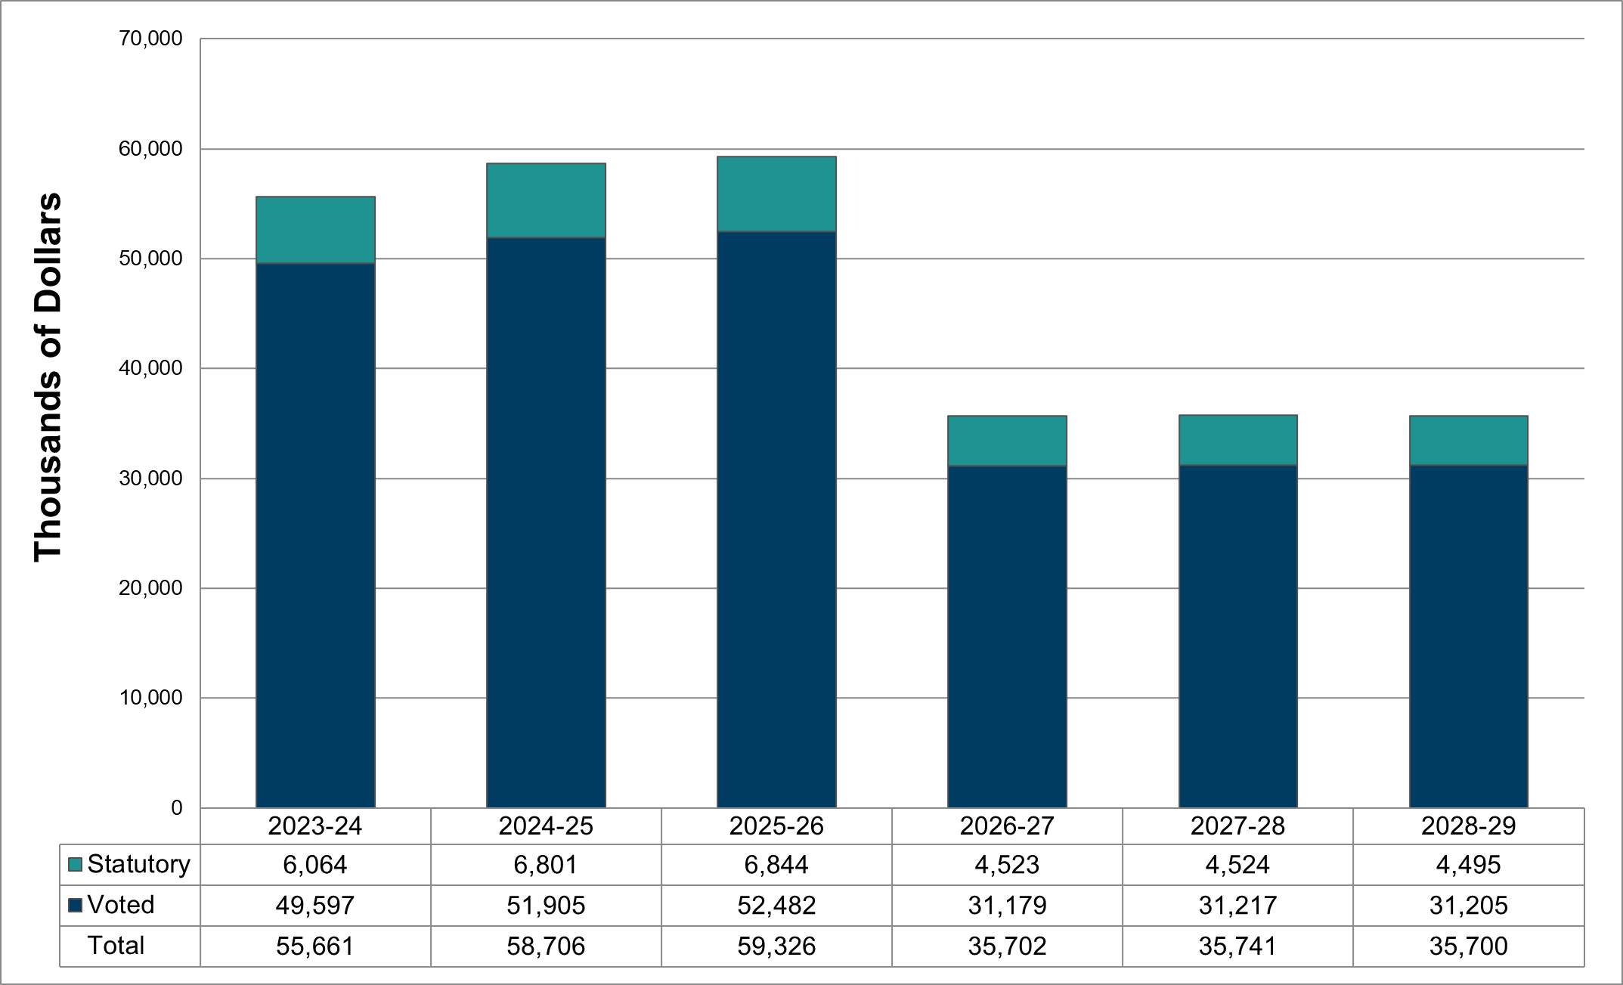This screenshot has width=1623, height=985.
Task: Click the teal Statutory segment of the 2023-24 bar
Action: (315, 230)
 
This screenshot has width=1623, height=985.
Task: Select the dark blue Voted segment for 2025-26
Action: (776, 519)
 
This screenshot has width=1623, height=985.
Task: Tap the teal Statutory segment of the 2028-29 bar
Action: (1468, 440)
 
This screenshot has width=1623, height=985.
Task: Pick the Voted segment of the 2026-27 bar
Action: (1007, 637)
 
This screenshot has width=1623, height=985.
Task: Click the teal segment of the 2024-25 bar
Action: (546, 200)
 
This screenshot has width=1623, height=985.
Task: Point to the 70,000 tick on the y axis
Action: (150, 39)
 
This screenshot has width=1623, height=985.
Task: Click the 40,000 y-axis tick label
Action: (150, 368)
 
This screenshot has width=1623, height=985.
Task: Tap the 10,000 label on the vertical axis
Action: (150, 698)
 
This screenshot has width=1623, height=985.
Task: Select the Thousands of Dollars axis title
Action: (47, 376)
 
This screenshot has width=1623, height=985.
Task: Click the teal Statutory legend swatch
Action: (75, 865)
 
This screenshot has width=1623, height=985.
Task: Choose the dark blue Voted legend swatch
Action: (75, 905)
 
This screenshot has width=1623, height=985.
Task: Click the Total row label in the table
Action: (116, 946)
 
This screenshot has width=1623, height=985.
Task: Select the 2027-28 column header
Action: (1237, 825)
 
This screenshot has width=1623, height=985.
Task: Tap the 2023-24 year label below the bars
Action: (315, 825)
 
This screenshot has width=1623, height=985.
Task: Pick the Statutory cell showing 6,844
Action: (776, 865)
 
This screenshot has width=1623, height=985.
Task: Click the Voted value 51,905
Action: (546, 906)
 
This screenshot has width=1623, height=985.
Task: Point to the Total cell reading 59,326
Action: (776, 946)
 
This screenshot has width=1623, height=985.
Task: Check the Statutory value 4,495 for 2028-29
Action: (1468, 865)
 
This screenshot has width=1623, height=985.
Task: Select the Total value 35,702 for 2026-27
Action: (1007, 946)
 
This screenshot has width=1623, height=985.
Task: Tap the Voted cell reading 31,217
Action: (1237, 906)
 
